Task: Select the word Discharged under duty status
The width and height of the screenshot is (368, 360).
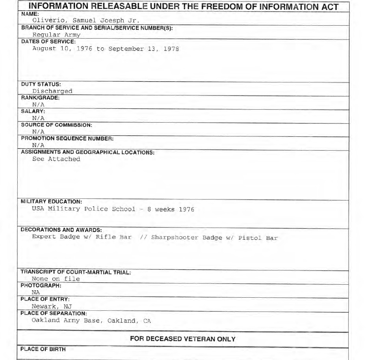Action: [x=52, y=91]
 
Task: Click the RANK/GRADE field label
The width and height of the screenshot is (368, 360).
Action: [x=40, y=98]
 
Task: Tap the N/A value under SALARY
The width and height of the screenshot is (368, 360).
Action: [x=38, y=118]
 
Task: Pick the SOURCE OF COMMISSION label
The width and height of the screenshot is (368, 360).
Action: [x=56, y=125]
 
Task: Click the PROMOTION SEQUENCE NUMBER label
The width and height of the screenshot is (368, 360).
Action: [x=67, y=138]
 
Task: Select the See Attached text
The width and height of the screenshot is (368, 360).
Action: [x=56, y=159]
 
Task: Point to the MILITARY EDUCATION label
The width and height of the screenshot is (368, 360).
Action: [x=51, y=202]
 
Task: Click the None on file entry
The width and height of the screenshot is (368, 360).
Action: [x=56, y=279]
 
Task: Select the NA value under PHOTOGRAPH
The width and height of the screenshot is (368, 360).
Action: [x=35, y=293]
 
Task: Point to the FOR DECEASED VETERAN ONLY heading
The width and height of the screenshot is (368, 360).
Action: [x=182, y=339]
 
